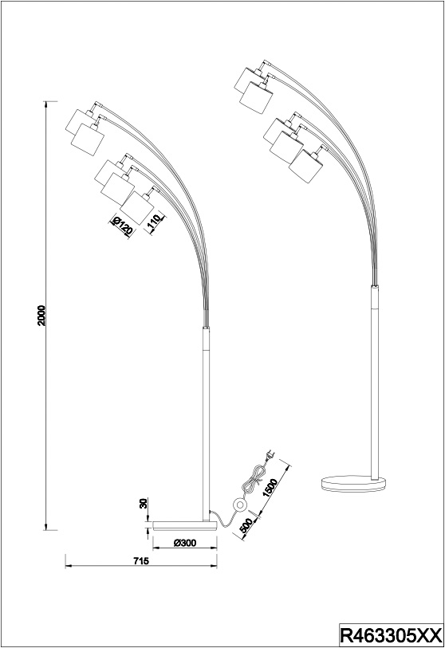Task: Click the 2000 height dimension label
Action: point(41,316)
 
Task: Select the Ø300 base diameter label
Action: point(185,544)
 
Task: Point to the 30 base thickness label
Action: point(144,504)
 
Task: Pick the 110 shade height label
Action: point(154,223)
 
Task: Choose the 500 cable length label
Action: point(246,524)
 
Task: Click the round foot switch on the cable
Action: point(239,504)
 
